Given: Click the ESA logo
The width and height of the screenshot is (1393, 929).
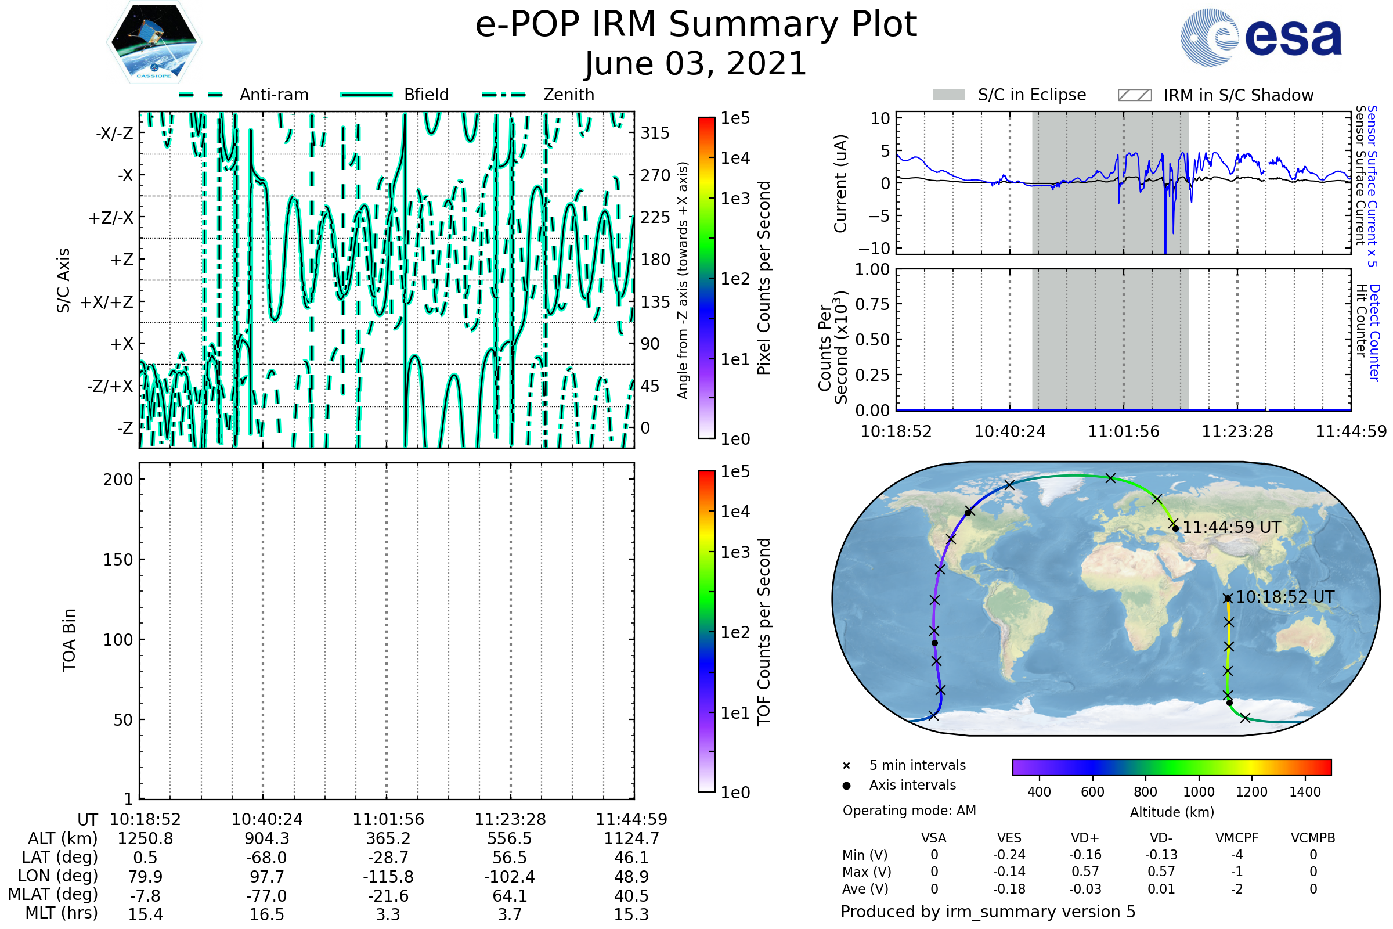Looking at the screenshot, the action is (x=1260, y=37).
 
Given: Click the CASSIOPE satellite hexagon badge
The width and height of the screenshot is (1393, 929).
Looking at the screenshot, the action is (x=154, y=41).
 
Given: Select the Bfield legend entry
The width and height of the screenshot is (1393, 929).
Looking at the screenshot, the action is (x=395, y=95).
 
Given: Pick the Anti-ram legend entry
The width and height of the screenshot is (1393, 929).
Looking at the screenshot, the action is (x=243, y=95).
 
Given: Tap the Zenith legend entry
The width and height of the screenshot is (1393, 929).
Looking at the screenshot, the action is (x=538, y=95).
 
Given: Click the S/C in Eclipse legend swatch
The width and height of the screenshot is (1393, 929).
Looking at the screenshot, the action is (x=949, y=95).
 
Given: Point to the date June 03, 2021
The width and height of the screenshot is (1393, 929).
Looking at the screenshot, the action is (x=696, y=63).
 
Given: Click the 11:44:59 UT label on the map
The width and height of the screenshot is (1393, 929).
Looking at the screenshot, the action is (x=1231, y=527).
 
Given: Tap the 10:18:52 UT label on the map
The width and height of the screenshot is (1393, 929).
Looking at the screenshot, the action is (x=1285, y=597).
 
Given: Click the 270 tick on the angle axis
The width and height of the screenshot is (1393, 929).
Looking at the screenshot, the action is (x=655, y=175).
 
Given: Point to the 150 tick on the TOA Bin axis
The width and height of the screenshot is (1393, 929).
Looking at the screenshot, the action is (x=118, y=560).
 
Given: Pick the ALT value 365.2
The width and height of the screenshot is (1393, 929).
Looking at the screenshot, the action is (x=388, y=839).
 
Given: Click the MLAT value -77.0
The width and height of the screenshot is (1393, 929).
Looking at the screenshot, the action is (x=267, y=896).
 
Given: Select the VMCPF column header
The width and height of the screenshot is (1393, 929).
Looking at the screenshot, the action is (x=1237, y=838).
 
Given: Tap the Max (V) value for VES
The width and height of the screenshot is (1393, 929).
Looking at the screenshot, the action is (x=1009, y=872).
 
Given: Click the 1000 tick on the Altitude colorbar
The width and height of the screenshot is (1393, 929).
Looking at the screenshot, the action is (x=1199, y=792).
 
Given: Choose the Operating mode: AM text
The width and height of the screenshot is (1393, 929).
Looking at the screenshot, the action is (x=909, y=811).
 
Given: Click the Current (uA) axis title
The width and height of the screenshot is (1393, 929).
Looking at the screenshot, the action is (x=840, y=183).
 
